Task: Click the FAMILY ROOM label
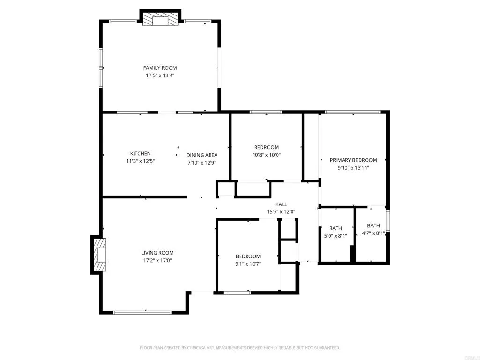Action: [x=160, y=68]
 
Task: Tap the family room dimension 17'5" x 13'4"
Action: [x=160, y=75]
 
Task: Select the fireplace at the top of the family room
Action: [x=161, y=20]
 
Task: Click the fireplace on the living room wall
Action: [x=100, y=255]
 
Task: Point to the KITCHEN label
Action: [x=140, y=153]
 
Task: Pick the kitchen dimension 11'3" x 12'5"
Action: [x=140, y=161]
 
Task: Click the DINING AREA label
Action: [x=202, y=155]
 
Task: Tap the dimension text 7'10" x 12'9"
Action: [x=202, y=163]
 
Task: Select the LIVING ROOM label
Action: [x=157, y=253]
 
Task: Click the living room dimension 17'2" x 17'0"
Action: [x=157, y=260]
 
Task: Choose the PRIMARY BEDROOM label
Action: [x=353, y=160]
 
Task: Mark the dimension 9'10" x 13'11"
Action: [x=353, y=167]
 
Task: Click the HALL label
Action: [x=281, y=204]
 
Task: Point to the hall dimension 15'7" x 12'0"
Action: [x=281, y=211]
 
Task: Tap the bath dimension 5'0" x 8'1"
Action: [x=336, y=236]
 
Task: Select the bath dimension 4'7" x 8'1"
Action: [x=374, y=233]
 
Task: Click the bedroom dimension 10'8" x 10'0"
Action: [x=266, y=154]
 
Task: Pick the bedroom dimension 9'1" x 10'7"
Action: [x=248, y=263]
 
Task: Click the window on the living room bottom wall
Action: [x=142, y=312]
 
